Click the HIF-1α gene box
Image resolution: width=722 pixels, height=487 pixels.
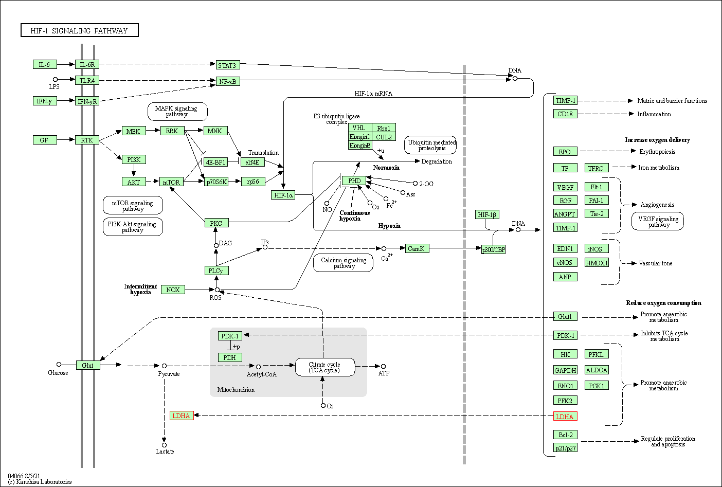point(283,195)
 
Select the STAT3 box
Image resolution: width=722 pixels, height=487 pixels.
point(227,65)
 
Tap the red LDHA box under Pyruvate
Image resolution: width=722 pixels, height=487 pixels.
point(182,416)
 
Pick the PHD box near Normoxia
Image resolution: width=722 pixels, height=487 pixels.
point(354,181)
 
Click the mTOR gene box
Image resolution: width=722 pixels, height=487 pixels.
point(171,182)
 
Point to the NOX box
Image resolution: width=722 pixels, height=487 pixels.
point(173,290)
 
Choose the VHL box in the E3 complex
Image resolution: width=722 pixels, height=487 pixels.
point(359,128)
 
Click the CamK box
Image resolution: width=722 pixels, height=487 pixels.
point(416,248)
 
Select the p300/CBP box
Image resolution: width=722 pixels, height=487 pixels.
point(493,249)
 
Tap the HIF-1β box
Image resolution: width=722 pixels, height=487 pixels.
point(487,214)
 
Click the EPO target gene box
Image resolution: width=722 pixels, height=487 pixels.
point(565,152)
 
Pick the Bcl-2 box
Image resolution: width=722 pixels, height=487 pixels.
point(565,435)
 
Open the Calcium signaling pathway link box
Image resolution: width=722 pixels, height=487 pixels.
point(343,263)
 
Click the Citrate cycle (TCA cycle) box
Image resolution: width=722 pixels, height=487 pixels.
point(324,367)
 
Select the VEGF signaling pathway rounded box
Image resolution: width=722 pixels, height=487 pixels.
point(658,221)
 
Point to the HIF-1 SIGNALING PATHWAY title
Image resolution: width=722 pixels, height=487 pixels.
point(79,31)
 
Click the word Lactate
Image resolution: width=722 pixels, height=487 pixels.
point(165,452)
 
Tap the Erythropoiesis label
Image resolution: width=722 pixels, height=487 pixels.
point(657,152)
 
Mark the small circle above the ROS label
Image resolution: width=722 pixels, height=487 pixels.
point(217,290)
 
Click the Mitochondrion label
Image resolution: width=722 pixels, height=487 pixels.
point(236,390)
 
